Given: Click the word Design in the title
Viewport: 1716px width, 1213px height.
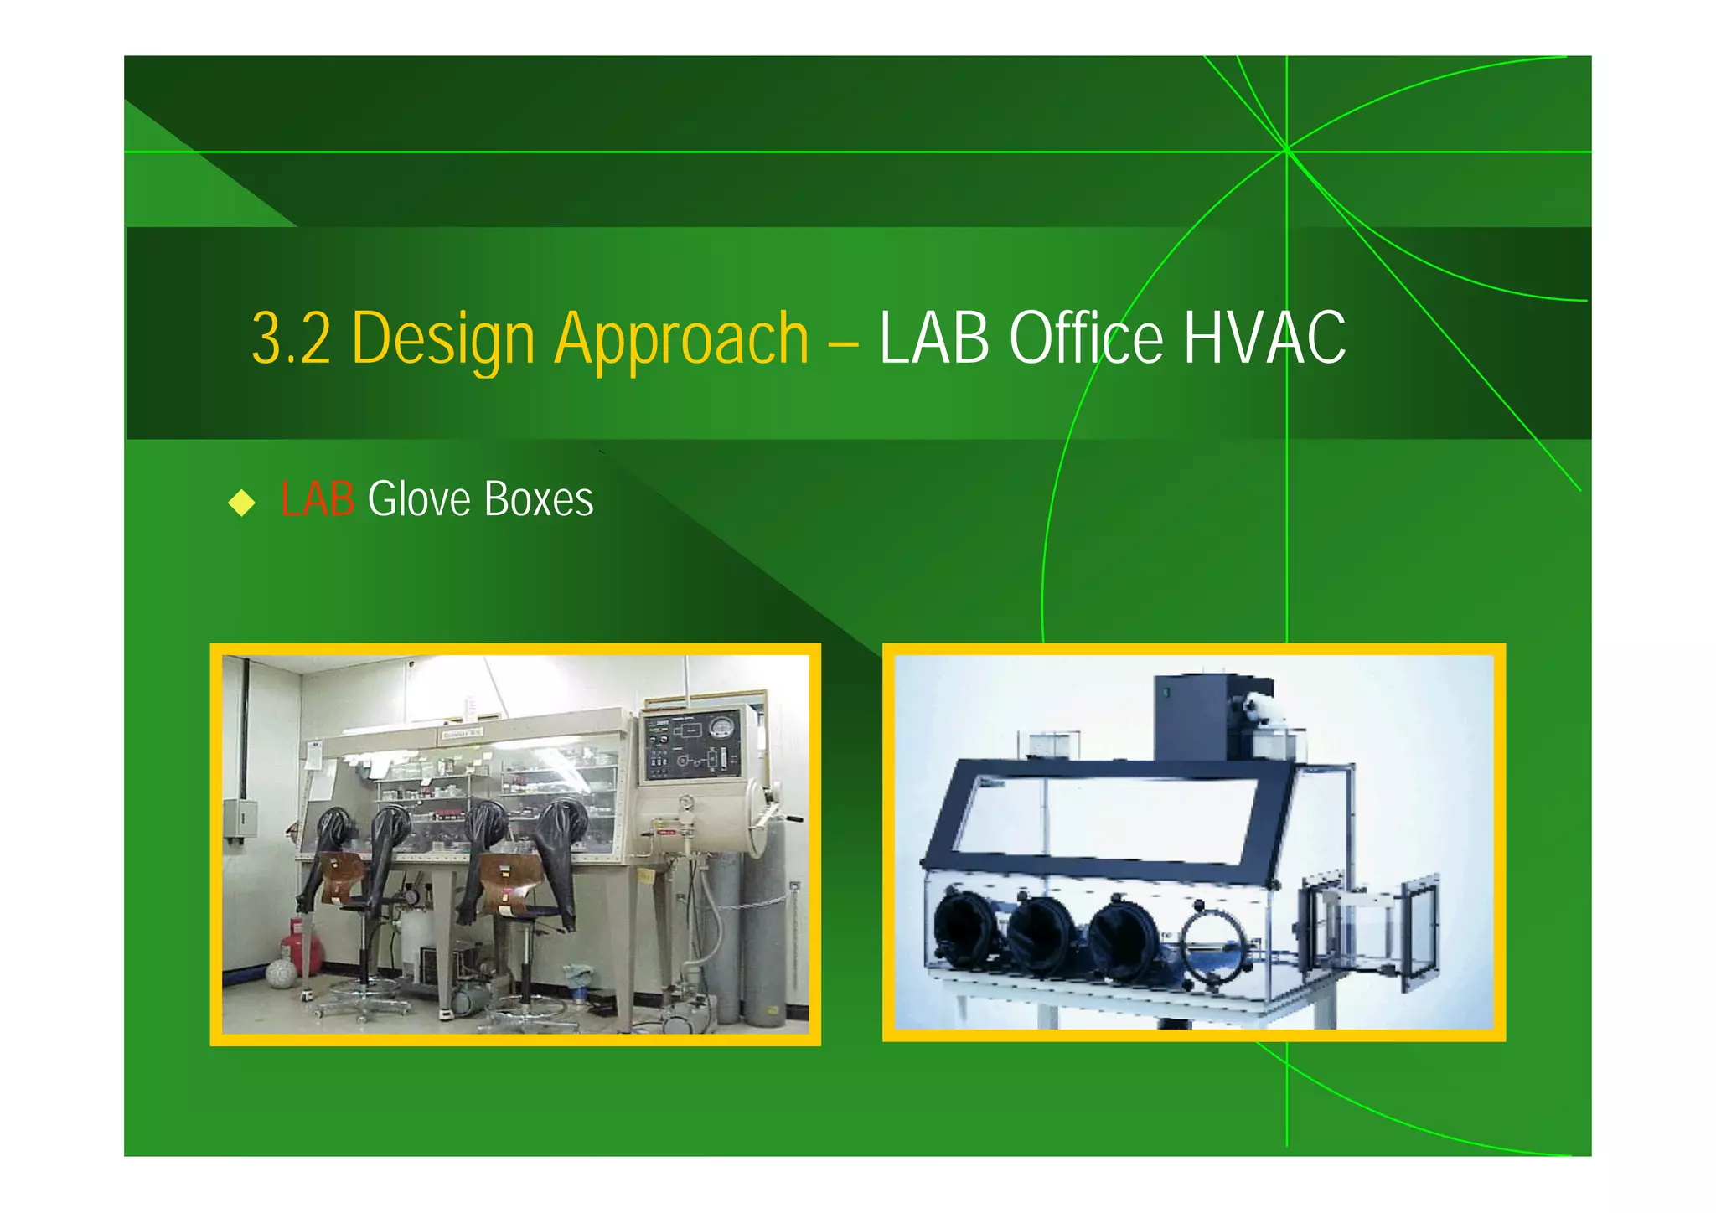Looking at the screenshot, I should pyautogui.click(x=443, y=338).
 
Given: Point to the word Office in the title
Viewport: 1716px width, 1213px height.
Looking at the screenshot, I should pyautogui.click(x=1086, y=338).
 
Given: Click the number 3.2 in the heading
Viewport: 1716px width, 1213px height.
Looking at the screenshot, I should pyautogui.click(x=291, y=338).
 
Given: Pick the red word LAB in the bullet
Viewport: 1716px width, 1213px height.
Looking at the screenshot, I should pyautogui.click(x=317, y=499).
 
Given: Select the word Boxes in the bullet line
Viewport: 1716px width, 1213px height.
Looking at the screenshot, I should pyautogui.click(x=539, y=499).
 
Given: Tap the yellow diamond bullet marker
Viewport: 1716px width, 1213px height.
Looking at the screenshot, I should pyautogui.click(x=241, y=503).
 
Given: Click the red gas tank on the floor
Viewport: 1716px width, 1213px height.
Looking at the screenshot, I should pyautogui.click(x=302, y=945).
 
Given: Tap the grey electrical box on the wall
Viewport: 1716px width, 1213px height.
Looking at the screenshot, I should pyautogui.click(x=240, y=818).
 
